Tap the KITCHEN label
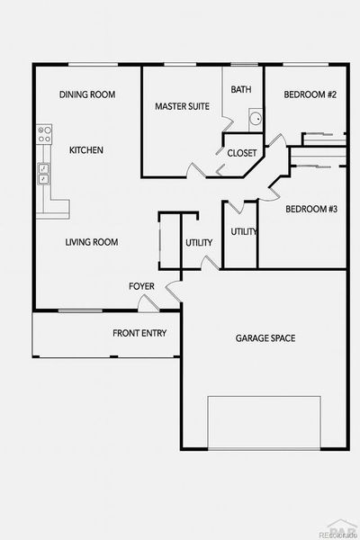85,150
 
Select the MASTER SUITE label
182,106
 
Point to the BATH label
240,89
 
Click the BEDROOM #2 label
310,94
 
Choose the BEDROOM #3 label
310,210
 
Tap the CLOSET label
241,153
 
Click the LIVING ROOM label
92,242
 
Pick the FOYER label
141,286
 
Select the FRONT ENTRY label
139,333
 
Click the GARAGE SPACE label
265,338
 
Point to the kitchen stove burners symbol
41,136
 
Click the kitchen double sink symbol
41,173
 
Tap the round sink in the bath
255,118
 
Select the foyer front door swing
172,290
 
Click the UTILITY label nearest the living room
199,243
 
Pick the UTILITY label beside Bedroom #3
244,231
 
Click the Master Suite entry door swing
192,169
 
